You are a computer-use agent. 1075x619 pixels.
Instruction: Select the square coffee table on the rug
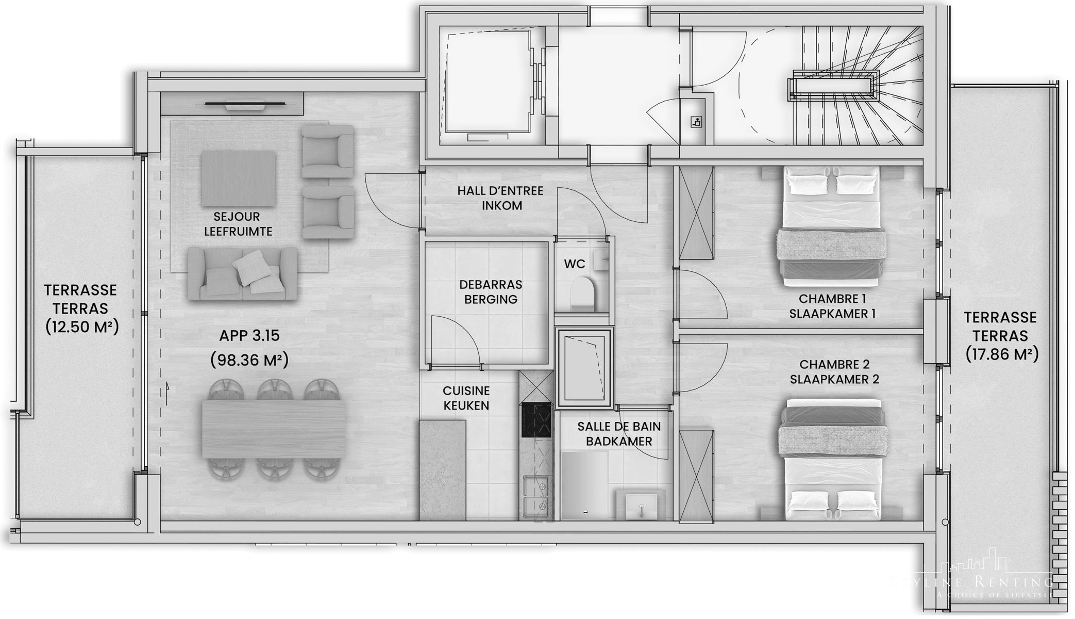[x=238, y=178]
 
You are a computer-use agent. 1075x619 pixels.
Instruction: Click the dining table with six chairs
[x=274, y=429]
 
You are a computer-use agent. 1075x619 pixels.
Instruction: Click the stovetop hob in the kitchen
[x=536, y=420]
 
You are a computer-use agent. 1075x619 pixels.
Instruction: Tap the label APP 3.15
[x=249, y=336]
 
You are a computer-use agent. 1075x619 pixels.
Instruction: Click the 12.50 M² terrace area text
[x=82, y=327]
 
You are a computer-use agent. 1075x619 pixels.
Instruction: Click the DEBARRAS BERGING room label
[x=491, y=292]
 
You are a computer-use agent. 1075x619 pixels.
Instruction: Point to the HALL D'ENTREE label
[x=500, y=191]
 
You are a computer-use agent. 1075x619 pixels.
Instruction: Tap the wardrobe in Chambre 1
[x=696, y=213]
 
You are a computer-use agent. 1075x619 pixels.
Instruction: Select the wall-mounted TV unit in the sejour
[x=231, y=105]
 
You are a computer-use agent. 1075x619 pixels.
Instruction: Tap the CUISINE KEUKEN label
[x=466, y=398]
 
